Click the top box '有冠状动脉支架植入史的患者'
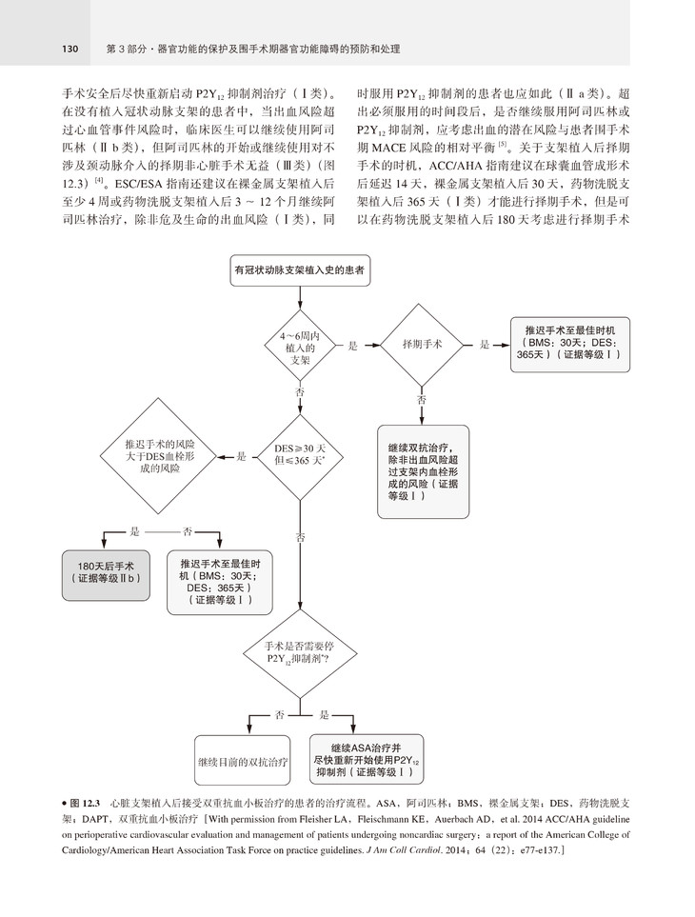302,271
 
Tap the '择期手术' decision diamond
422,344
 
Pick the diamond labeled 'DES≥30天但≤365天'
301,456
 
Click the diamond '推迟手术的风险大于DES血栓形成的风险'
160,456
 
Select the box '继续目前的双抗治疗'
243,763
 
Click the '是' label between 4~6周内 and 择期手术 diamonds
352,346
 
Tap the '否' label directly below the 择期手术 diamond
422,400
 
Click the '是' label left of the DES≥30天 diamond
242,457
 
